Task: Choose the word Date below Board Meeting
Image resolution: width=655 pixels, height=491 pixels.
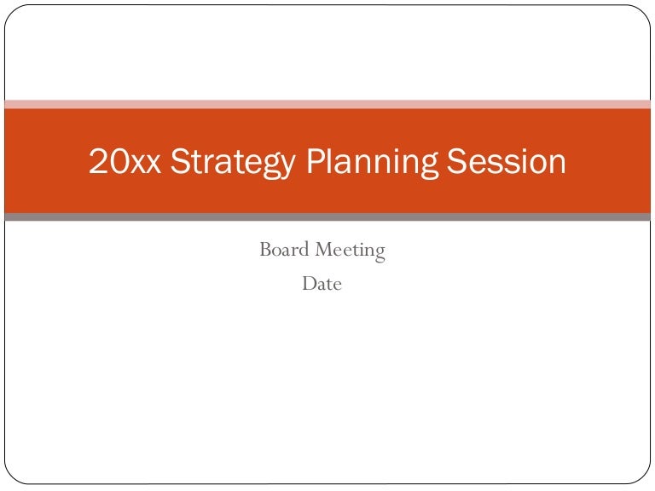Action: point(322,284)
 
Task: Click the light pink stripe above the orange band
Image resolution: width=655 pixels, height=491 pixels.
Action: point(327,104)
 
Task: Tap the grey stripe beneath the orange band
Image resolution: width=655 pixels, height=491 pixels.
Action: point(327,217)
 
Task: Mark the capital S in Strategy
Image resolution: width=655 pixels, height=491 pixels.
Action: point(180,162)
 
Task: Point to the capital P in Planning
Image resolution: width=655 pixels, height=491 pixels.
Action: point(316,162)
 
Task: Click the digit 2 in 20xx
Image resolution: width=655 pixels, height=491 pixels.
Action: point(97,162)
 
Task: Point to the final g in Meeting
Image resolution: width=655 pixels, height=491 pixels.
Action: point(379,253)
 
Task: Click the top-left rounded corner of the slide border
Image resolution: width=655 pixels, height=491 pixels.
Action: point(11,11)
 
